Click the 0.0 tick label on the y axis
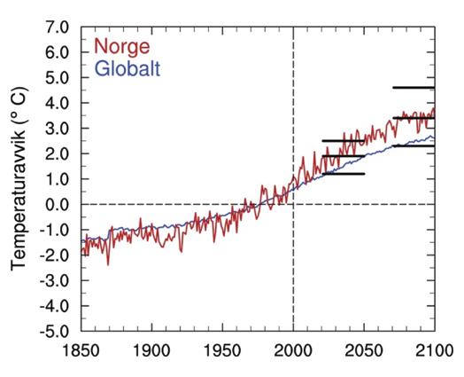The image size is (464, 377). pyautogui.click(x=58, y=205)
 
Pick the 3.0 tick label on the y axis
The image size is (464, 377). pyautogui.click(x=58, y=129)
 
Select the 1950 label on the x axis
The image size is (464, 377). pyautogui.click(x=222, y=350)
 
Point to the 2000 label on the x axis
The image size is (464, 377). pyautogui.click(x=293, y=350)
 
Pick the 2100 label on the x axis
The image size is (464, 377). pyautogui.click(x=431, y=350)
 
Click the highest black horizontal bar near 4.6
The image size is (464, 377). pyautogui.click(x=413, y=88)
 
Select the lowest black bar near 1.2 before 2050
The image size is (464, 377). pyautogui.click(x=343, y=174)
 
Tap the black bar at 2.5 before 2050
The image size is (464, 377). pyautogui.click(x=343, y=141)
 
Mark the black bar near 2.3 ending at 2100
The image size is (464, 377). pyautogui.click(x=413, y=145)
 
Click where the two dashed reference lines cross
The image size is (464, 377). pyautogui.click(x=293, y=205)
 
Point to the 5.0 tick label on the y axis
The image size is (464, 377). pyautogui.click(x=58, y=77)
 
